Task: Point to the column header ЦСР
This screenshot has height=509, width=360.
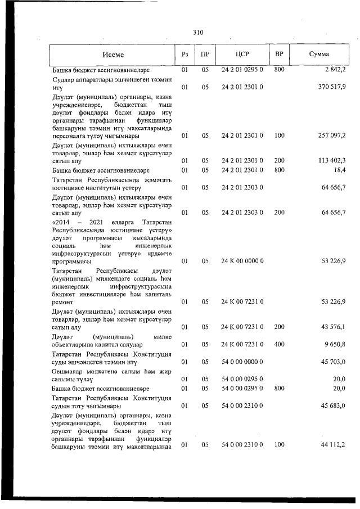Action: (242, 55)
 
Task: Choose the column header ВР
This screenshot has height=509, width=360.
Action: (279, 55)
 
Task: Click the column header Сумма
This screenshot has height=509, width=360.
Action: (319, 55)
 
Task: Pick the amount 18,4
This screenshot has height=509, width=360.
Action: (339, 169)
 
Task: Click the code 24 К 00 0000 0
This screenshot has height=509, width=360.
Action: (242, 262)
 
